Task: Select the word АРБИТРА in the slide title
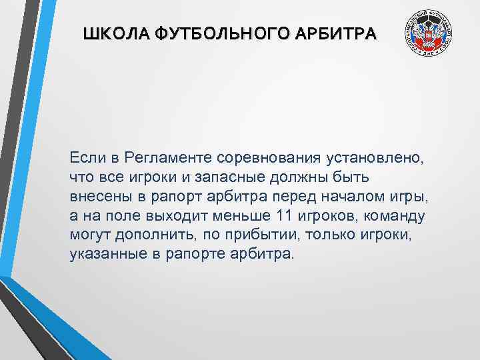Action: click(x=337, y=33)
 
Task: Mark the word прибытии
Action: click(x=252, y=235)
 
